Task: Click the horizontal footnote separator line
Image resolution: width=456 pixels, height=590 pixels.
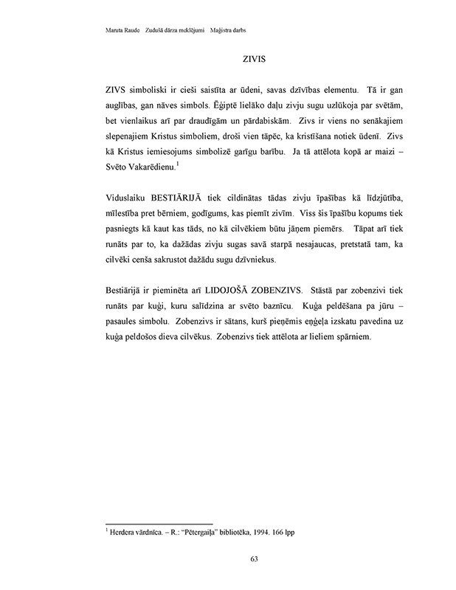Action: click(x=159, y=523)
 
